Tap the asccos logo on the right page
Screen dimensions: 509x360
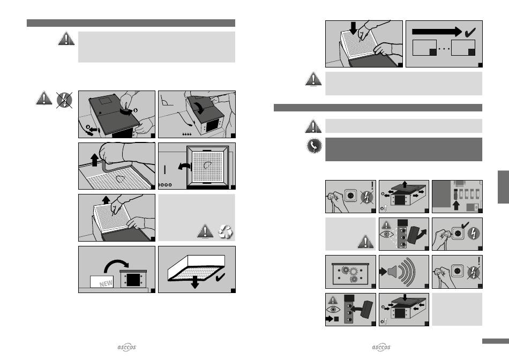coord(381,347)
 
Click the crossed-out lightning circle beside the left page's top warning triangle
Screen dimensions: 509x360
coord(64,100)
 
